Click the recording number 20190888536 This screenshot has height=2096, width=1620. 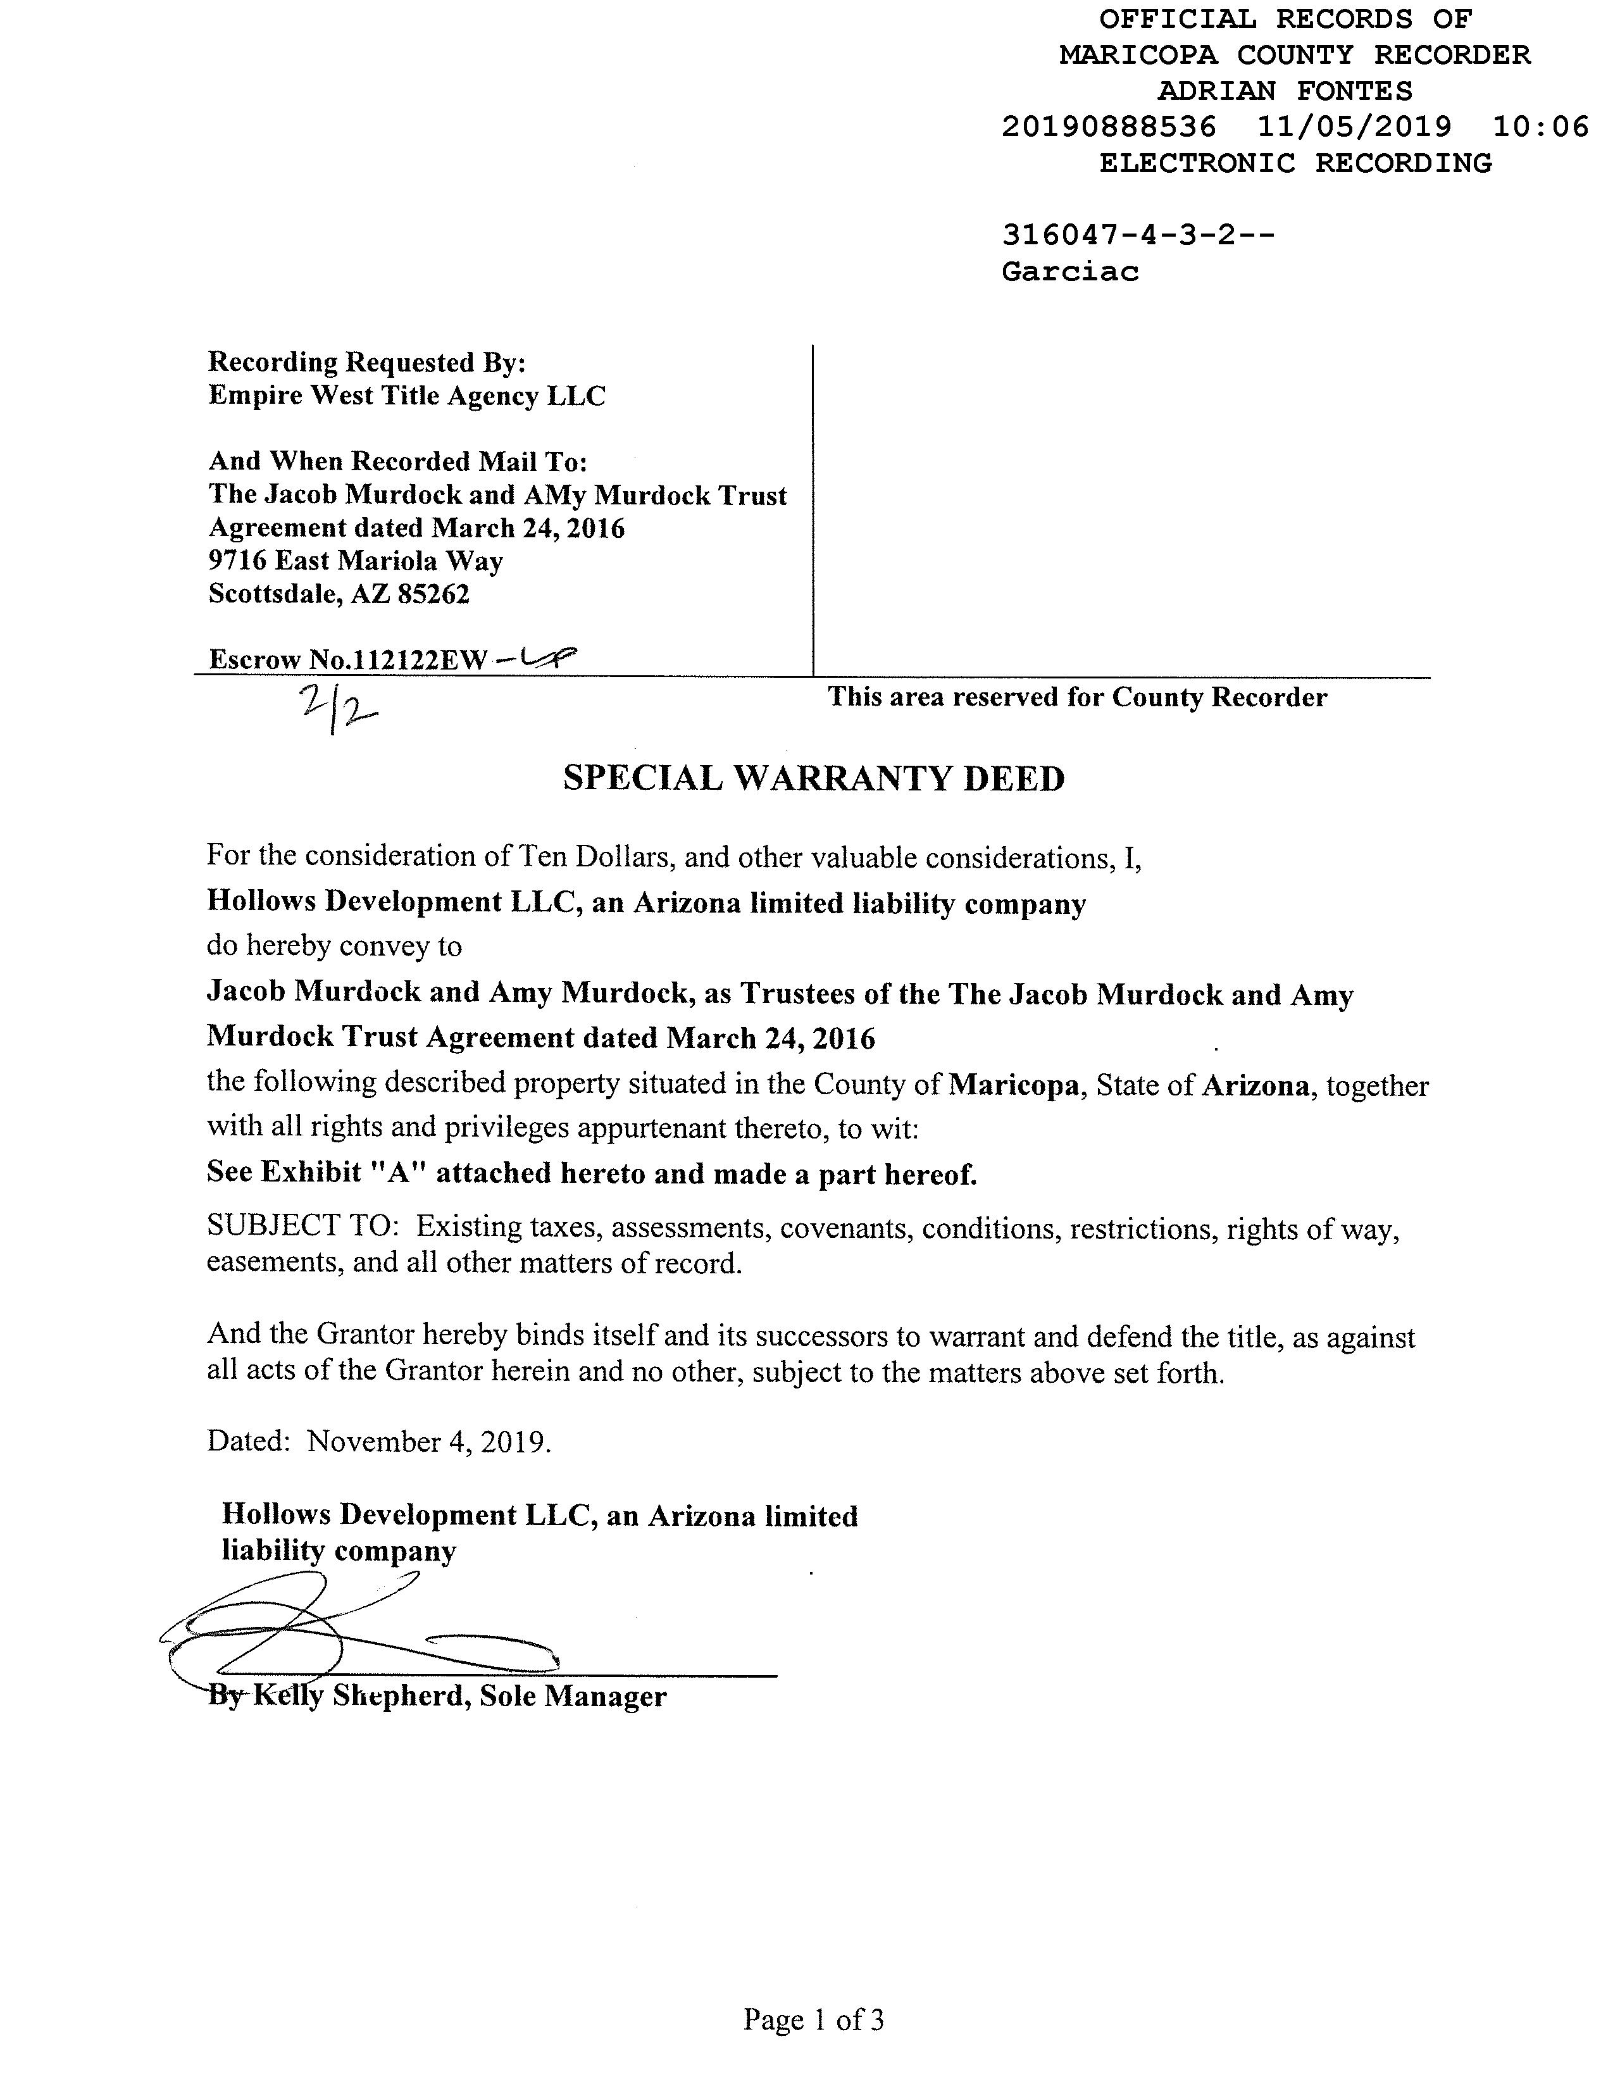(1109, 127)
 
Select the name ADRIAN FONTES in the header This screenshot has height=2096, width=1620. (1285, 91)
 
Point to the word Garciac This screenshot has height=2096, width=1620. (1070, 271)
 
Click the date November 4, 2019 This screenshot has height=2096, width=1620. (428, 1442)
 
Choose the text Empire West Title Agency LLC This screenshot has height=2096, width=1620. (407, 396)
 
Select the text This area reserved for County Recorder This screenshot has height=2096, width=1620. (1077, 697)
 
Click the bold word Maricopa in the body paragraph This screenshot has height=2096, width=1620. (1014, 1085)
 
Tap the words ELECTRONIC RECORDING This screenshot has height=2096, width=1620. (1295, 163)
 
